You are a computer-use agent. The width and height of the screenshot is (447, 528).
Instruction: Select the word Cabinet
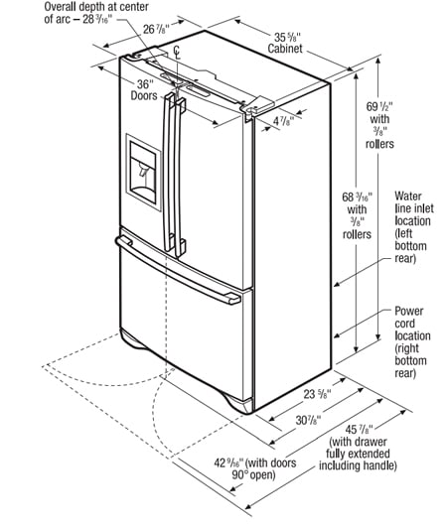pos(285,49)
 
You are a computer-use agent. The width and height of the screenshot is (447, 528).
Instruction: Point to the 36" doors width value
pos(145,83)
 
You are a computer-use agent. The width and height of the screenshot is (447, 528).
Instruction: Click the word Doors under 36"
pos(144,95)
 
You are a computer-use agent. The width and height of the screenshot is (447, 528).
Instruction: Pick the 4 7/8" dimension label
pos(283,121)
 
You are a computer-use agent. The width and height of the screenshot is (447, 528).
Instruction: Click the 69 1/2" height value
pos(379,107)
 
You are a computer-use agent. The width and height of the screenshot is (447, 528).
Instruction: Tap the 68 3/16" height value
pos(358,197)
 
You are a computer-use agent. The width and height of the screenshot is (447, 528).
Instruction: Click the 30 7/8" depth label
pos(308,420)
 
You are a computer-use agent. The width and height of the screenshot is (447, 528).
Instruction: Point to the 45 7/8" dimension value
pos(359,430)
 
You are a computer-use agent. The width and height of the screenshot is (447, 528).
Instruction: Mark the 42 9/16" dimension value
pos(228,463)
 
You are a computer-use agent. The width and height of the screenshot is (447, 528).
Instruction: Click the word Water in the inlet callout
pos(408,196)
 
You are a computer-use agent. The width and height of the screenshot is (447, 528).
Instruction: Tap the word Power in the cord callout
pos(409,311)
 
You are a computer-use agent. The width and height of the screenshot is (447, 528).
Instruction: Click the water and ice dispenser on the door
pos(143,173)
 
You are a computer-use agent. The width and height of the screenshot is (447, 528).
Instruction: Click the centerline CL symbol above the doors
pos(177,54)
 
